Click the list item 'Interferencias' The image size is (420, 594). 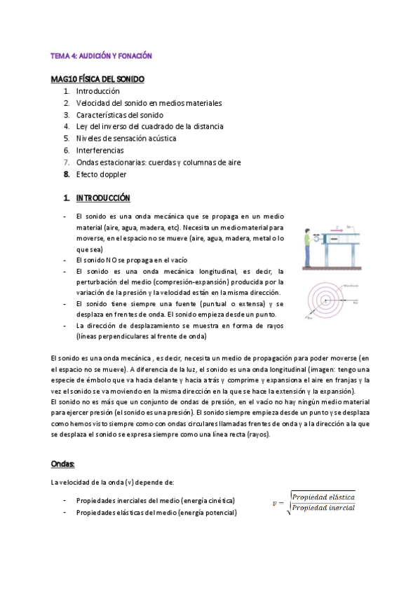pos(100,150)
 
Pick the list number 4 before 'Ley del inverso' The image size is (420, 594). pos(66,126)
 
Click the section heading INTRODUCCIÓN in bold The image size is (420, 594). pos(102,198)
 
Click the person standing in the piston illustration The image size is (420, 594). pos(308,248)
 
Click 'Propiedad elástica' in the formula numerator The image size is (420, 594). pos(323,496)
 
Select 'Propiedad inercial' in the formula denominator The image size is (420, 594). pos(323,508)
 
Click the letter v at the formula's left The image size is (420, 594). pos(276,502)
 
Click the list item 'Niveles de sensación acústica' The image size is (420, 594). pos(126,138)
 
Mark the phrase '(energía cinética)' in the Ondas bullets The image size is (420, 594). pos(208,500)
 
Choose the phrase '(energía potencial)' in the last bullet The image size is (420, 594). pos(208,513)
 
